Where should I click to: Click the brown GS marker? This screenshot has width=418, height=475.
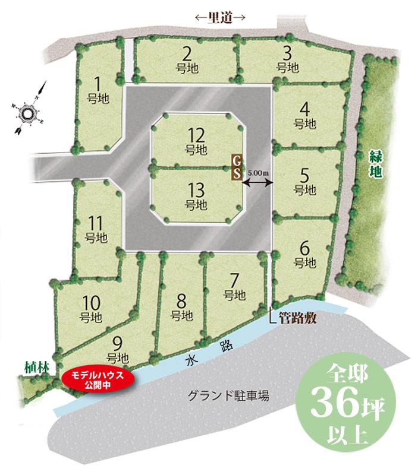point(236,167)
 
